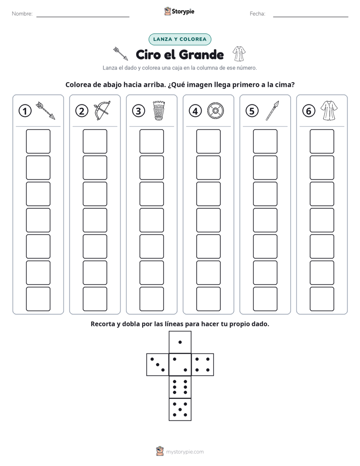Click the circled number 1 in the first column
click(x=25, y=111)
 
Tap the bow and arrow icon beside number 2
click(x=102, y=110)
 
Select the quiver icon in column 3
click(x=159, y=110)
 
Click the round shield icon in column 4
click(x=215, y=111)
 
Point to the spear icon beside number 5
click(x=272, y=110)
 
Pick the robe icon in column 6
click(x=329, y=110)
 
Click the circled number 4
click(x=195, y=111)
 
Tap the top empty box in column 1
click(x=38, y=141)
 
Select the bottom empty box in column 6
click(x=322, y=299)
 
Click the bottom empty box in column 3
click(x=152, y=299)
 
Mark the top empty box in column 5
click(x=265, y=141)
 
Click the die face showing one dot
click(x=180, y=342)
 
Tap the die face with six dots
click(x=180, y=387)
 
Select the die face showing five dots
click(x=180, y=410)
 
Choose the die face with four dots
click(x=203, y=365)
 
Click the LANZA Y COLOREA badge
click(x=179, y=39)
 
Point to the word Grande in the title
click(x=202, y=54)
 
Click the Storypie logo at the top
click(x=179, y=12)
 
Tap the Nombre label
click(x=22, y=14)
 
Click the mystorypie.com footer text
click(x=185, y=452)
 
